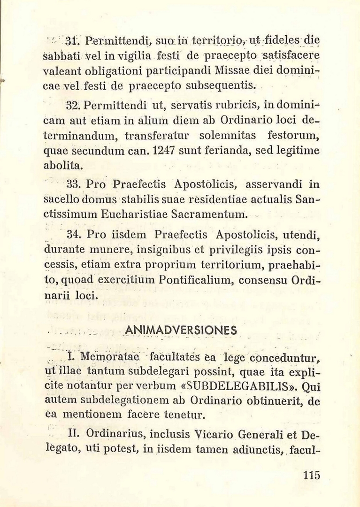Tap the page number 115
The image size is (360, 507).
tap(311, 475)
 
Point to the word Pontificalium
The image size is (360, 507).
tap(195, 281)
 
